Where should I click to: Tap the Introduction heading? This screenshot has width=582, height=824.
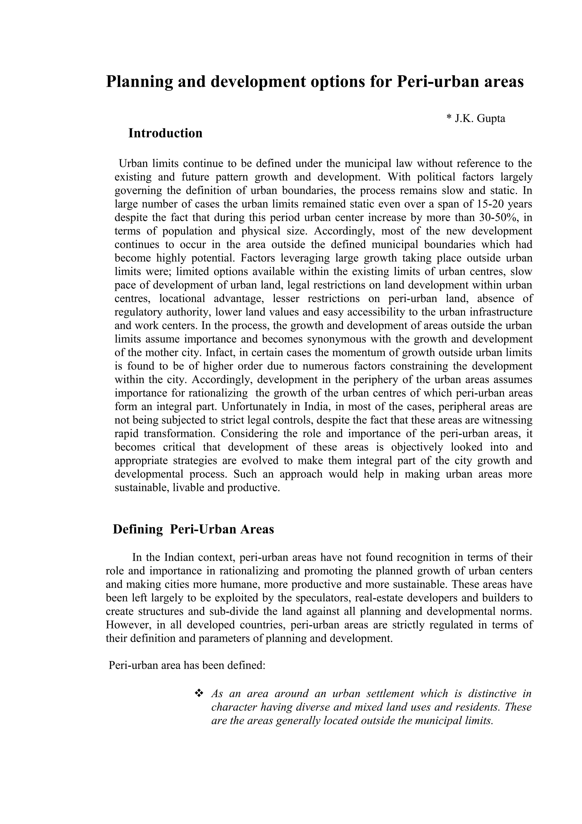tap(165, 133)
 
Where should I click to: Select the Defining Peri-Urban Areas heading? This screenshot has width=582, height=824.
tap(193, 529)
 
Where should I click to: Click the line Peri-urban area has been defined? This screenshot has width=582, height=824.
tap(187, 665)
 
